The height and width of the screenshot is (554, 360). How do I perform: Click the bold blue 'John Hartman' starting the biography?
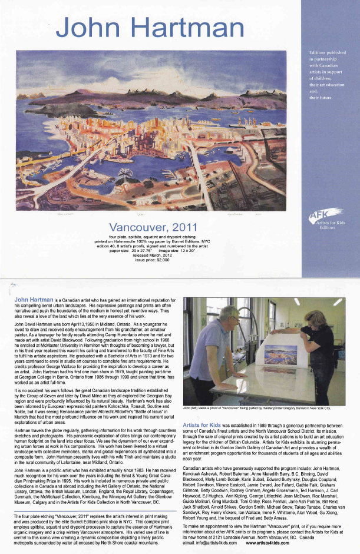pos(34,300)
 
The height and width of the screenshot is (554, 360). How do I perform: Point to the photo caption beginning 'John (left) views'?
pos(256,407)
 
